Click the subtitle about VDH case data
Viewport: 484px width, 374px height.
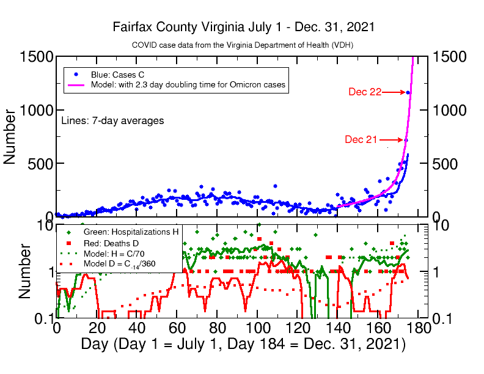tap(243, 45)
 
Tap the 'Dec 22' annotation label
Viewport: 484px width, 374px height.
tap(365, 92)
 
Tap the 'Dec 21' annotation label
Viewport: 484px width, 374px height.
tap(361, 139)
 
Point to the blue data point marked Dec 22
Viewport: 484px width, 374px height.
tap(408, 93)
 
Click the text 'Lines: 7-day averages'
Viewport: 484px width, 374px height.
tap(112, 121)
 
